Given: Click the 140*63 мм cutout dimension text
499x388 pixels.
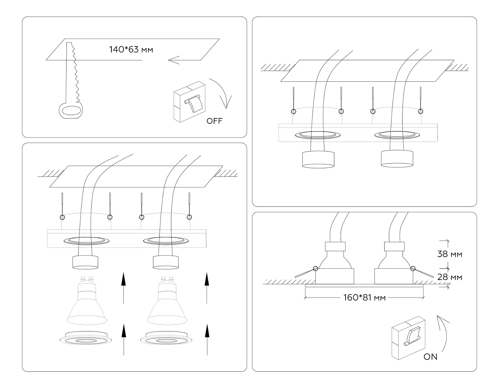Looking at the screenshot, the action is click(131, 50).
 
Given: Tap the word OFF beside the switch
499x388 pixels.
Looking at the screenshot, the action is click(215, 121).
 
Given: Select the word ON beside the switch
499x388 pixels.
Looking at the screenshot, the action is click(430, 356).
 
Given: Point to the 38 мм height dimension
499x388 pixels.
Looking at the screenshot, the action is click(450, 254).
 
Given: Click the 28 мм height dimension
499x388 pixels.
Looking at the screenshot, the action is click(450, 277).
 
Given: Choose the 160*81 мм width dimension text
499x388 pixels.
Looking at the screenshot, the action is click(364, 298).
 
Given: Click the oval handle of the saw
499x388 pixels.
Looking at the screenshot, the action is click(71, 111).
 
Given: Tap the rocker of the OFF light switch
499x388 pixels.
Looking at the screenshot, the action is click(194, 103).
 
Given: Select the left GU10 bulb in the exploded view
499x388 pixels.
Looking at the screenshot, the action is click(86, 301).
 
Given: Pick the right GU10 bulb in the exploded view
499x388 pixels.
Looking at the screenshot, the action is click(167, 301).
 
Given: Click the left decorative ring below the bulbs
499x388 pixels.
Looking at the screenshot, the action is click(85, 338).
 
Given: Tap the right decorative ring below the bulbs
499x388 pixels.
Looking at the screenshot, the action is click(166, 338).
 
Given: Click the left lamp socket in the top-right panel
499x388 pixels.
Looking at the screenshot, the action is click(318, 159).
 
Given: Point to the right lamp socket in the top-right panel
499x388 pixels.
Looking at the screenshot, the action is click(397, 159).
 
